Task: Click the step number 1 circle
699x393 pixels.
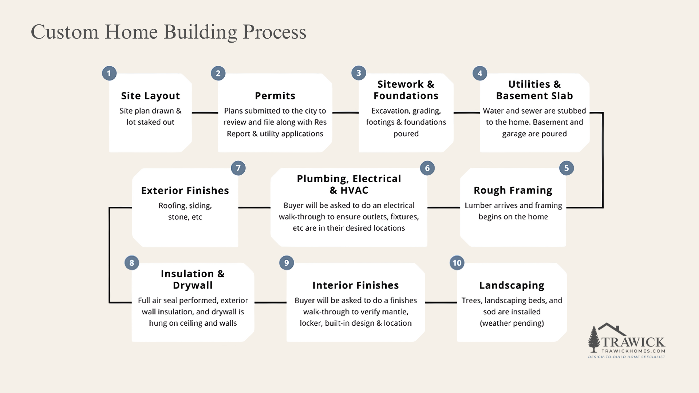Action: (109, 73)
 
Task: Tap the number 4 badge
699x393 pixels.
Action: (480, 73)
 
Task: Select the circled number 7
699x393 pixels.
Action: (238, 168)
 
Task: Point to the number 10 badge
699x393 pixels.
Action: (457, 263)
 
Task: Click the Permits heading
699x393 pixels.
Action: (275, 96)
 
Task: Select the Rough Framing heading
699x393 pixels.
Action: (513, 190)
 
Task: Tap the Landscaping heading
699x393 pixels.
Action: (512, 285)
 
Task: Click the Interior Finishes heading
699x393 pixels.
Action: (355, 285)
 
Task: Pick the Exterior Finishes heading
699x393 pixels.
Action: (185, 190)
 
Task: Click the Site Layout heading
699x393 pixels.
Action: (150, 96)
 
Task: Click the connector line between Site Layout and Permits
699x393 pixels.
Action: (205, 112)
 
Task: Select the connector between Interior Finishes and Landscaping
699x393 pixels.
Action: (441, 302)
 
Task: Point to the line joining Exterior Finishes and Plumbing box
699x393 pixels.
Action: (254, 207)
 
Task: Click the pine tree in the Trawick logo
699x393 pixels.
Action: (594, 339)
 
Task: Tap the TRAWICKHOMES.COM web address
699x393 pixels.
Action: (633, 351)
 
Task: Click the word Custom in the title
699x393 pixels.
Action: (64, 32)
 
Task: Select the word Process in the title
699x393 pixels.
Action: (274, 32)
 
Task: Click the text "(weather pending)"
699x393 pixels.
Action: (512, 323)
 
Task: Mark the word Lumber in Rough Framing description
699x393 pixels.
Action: (478, 205)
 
